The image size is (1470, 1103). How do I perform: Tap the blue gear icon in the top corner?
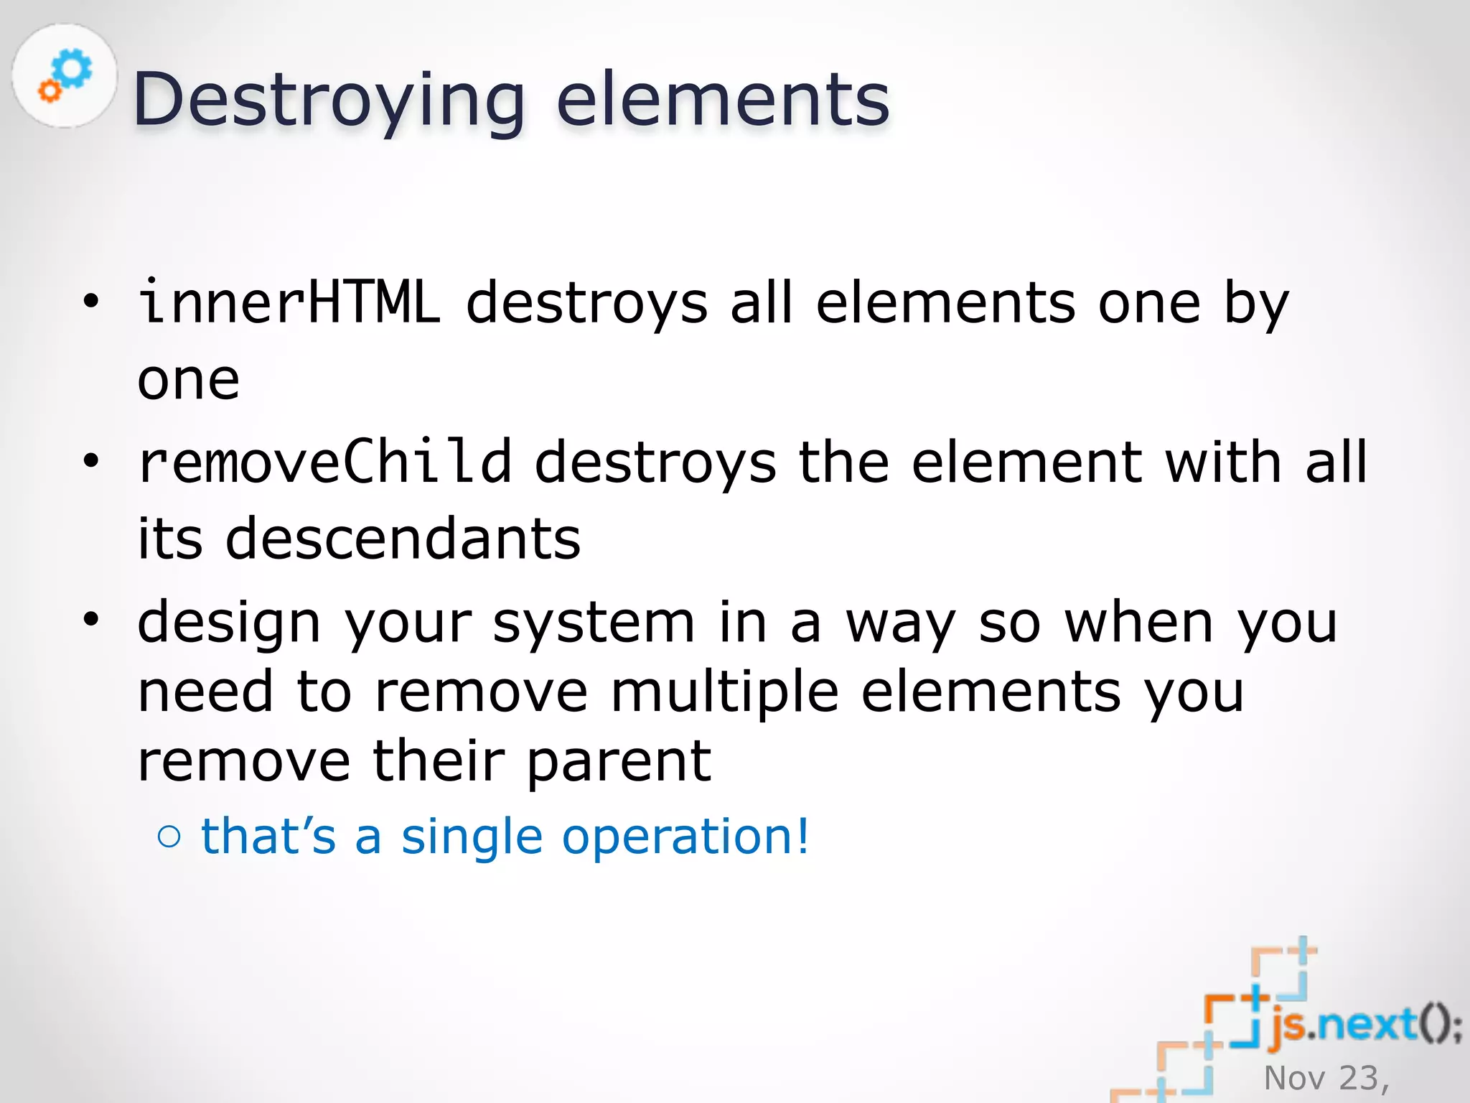(73, 69)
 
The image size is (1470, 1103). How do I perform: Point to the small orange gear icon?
(49, 91)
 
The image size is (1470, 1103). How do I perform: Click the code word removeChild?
(324, 462)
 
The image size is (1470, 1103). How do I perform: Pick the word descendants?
(403, 539)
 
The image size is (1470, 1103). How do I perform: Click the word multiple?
(724, 692)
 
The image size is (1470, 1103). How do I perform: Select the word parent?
(619, 761)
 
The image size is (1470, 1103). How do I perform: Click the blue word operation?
(685, 837)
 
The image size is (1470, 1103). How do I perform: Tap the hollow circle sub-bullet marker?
(169, 836)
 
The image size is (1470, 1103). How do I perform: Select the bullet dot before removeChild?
(90, 460)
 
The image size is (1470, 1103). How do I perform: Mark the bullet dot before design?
(90, 619)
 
